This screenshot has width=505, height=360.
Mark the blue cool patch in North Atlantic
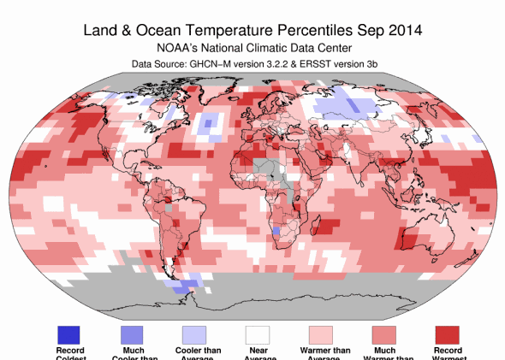[207, 127]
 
